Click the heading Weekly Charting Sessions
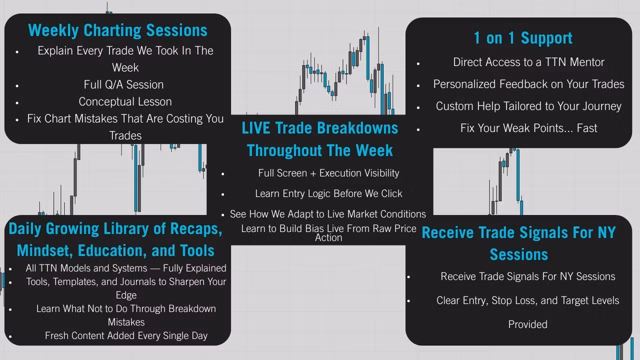tap(117, 30)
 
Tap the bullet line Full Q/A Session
tap(123, 84)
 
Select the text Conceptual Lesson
tap(125, 101)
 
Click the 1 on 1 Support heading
tap(523, 38)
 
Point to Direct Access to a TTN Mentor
tap(528, 62)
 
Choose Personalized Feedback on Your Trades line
tap(528, 84)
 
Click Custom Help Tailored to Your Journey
tap(528, 106)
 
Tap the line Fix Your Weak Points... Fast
tap(528, 128)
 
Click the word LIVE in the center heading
tap(255, 128)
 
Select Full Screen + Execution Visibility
tap(328, 173)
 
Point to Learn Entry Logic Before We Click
tap(328, 193)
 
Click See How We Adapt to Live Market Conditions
tap(327, 214)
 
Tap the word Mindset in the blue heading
tap(44, 251)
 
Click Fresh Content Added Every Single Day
tap(126, 335)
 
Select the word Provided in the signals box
tap(527, 324)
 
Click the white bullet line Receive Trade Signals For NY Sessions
tap(527, 276)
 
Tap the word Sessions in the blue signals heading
tap(519, 254)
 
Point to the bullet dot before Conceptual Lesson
tap(17, 103)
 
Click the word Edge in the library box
tap(126, 295)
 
